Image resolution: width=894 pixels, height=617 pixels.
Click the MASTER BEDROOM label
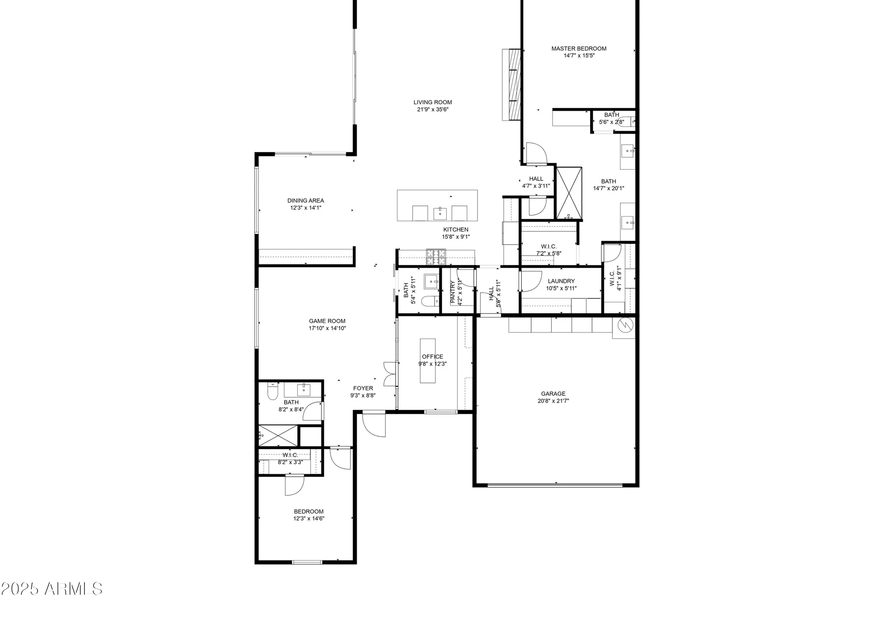(578, 48)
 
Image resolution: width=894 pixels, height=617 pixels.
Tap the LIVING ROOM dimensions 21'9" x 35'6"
(432, 109)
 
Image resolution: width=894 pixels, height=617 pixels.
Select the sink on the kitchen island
(440, 214)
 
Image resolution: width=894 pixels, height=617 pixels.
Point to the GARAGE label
(553, 394)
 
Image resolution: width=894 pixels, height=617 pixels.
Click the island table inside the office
(428, 361)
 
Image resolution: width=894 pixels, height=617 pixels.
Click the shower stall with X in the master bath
(569, 193)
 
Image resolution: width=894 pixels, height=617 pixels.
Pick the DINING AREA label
(305, 201)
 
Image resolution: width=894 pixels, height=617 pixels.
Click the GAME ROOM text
(327, 321)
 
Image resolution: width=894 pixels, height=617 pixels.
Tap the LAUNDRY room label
(561, 281)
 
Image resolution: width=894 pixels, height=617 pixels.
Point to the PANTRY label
(453, 292)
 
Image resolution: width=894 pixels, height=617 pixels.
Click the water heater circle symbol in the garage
(625, 325)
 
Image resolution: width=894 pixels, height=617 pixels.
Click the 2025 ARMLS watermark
(51, 589)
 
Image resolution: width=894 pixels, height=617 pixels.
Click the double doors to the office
(390, 374)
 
